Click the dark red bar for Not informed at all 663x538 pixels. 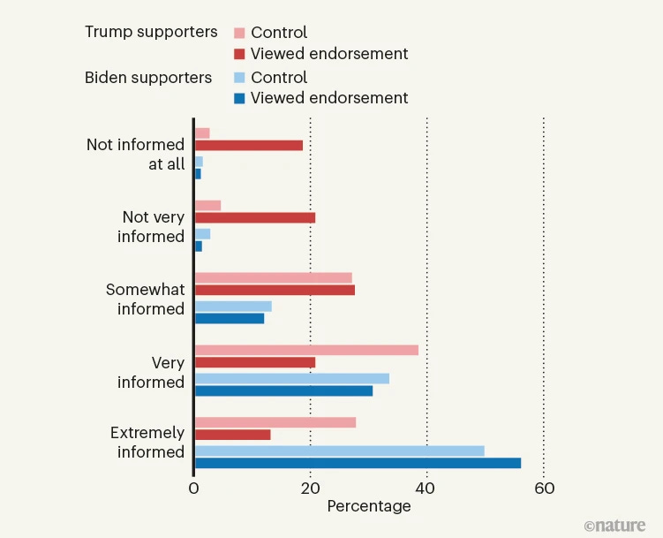pos(248,146)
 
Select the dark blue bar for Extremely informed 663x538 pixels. pos(358,463)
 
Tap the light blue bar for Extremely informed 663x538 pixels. pos(339,451)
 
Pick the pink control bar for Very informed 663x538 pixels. pos(306,350)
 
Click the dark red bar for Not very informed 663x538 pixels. pos(254,217)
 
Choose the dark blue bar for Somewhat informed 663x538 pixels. pos(229,318)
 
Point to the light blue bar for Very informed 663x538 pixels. pos(291,378)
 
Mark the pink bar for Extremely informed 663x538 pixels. pos(275,422)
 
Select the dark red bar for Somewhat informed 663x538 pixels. pos(274,290)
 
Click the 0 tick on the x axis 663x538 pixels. pos(193,489)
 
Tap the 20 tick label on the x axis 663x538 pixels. pos(310,489)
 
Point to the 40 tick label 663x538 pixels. pos(426,489)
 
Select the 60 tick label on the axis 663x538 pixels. pos(543,489)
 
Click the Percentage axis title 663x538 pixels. pos(369,506)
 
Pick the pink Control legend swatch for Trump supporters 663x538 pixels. pos(238,34)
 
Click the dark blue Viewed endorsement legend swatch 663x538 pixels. pos(238,98)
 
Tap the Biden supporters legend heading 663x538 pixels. pos(148,78)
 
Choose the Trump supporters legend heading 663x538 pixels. pos(151,32)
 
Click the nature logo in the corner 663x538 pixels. pos(614,526)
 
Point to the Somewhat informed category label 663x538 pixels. pos(145,299)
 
